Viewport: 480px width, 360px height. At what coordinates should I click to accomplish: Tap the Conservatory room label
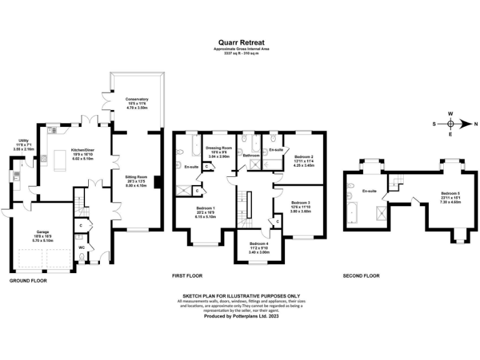click(x=137, y=101)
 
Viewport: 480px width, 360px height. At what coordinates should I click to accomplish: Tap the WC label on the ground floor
click(x=81, y=247)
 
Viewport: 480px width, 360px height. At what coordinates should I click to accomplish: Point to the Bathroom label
click(x=251, y=155)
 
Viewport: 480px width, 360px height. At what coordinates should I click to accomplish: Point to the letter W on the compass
click(x=450, y=113)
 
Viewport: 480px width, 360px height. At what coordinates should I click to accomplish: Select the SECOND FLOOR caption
click(x=361, y=276)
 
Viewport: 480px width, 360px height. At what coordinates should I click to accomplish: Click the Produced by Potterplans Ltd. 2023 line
click(x=240, y=317)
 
